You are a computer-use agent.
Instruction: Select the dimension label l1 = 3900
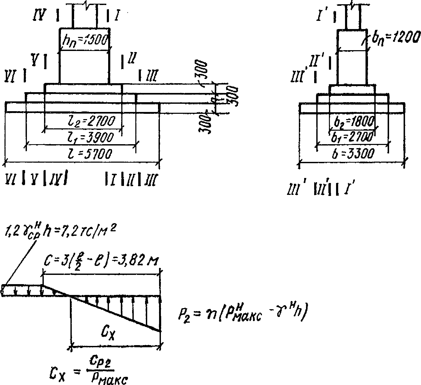pos(91,138)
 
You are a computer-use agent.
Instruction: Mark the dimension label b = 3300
pos(353,153)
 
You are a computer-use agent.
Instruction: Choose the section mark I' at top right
pos(321,16)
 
